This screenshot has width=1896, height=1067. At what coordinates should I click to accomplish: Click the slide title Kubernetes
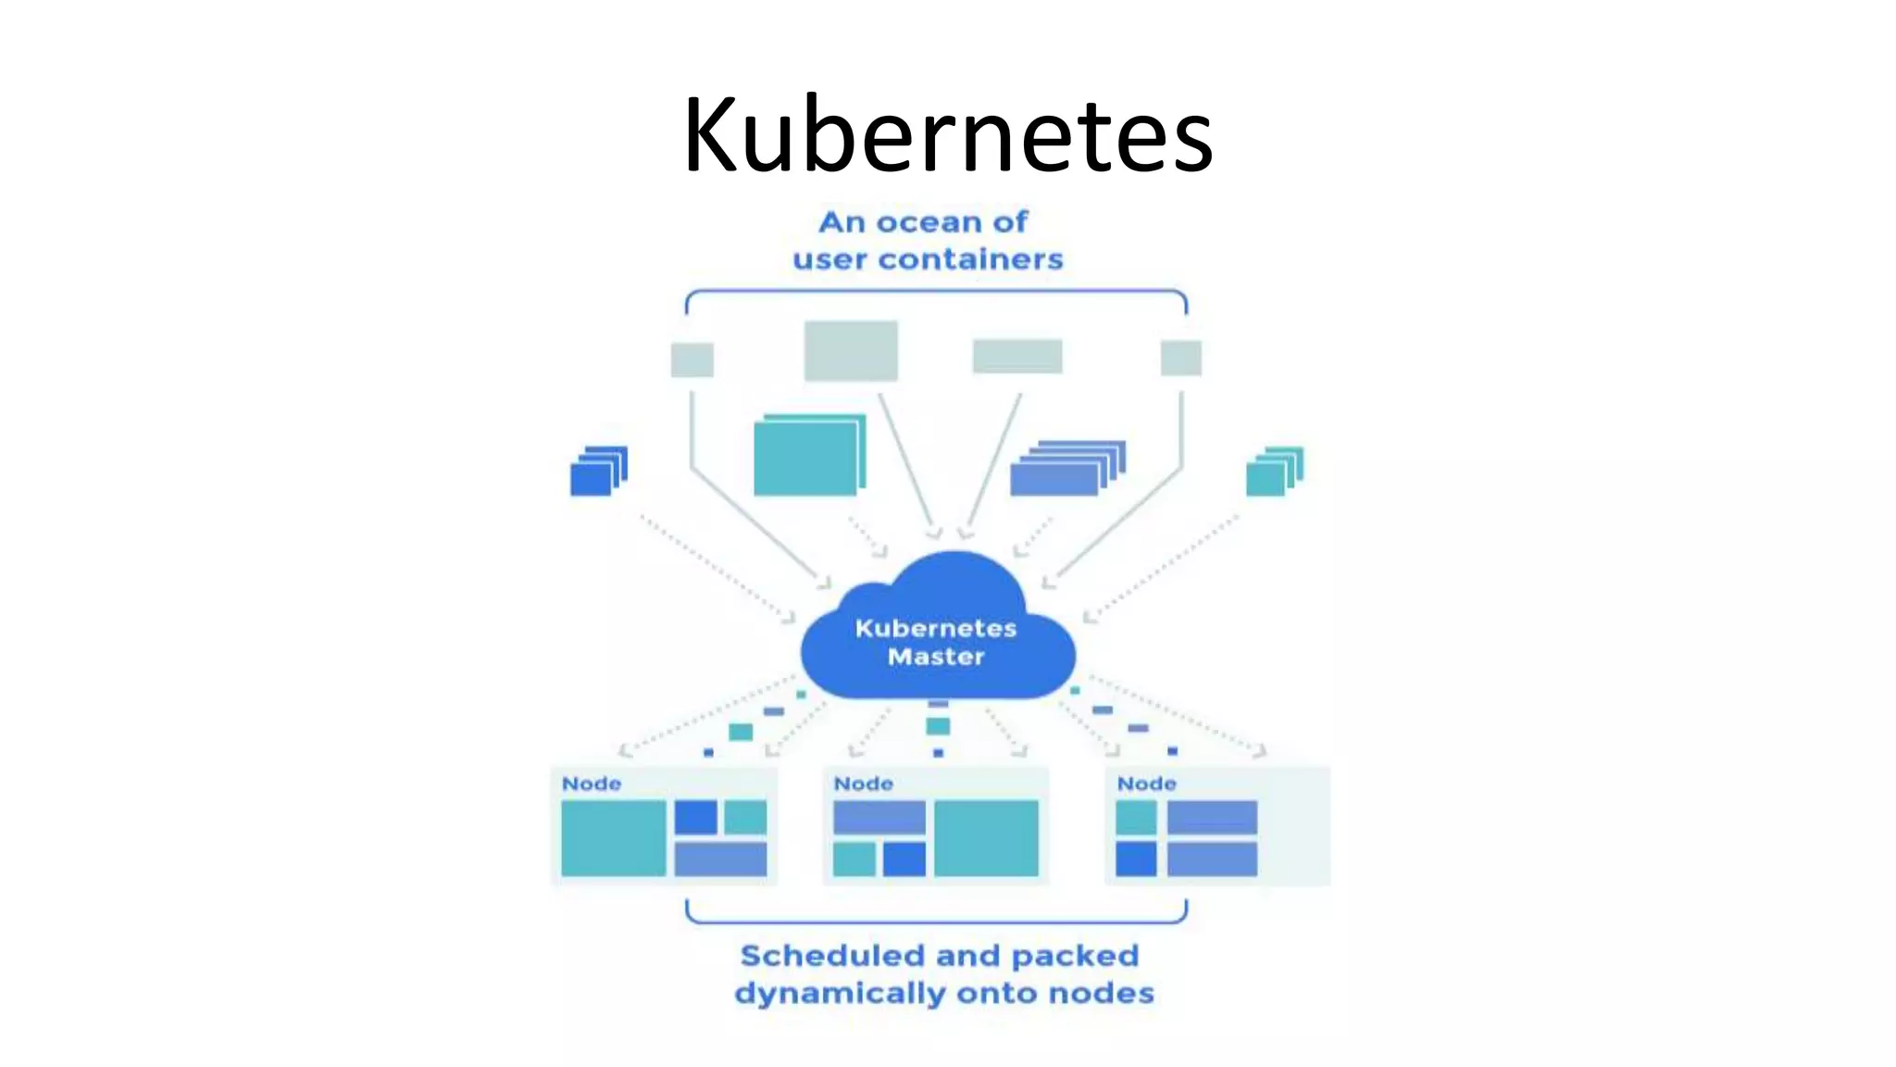point(947,135)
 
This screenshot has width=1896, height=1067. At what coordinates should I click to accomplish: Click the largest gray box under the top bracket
point(851,350)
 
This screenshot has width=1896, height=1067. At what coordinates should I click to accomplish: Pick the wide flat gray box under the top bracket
point(1017,356)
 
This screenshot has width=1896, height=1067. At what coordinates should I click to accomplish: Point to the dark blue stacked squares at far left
point(597,471)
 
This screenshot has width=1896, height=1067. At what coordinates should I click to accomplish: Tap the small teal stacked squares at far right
point(1273,471)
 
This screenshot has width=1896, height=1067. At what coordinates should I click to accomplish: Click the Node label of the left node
point(592,784)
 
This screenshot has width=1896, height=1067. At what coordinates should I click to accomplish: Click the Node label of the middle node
point(863,784)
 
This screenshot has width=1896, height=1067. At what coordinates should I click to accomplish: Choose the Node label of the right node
point(1146,784)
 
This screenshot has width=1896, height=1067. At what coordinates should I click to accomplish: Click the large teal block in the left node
point(613,838)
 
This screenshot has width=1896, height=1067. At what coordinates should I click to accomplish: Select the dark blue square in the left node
point(695,818)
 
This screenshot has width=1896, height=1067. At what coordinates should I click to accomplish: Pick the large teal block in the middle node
point(986,838)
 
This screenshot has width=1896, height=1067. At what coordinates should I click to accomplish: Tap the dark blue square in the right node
point(1136,859)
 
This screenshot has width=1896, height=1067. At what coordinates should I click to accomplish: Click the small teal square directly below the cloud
point(938,726)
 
